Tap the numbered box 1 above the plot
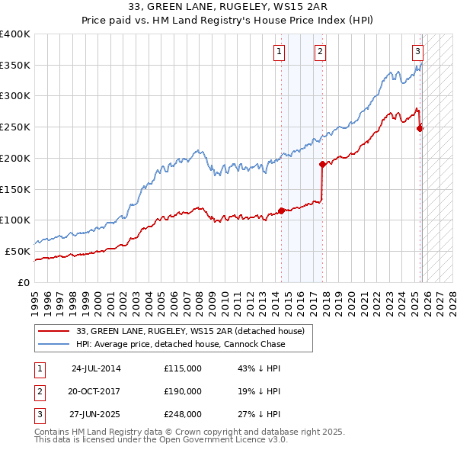[x=280, y=52]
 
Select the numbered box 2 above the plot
[x=320, y=52]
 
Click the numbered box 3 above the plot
[x=418, y=52]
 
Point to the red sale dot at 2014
[x=281, y=211]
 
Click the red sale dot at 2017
[x=322, y=164]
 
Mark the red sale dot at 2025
[x=420, y=128]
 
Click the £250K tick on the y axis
[x=15, y=127]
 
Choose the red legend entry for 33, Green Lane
[x=190, y=331]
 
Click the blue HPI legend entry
[x=181, y=344]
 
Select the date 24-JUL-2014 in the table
[x=96, y=368]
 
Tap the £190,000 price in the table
[x=183, y=391]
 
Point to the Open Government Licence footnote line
[x=161, y=440]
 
